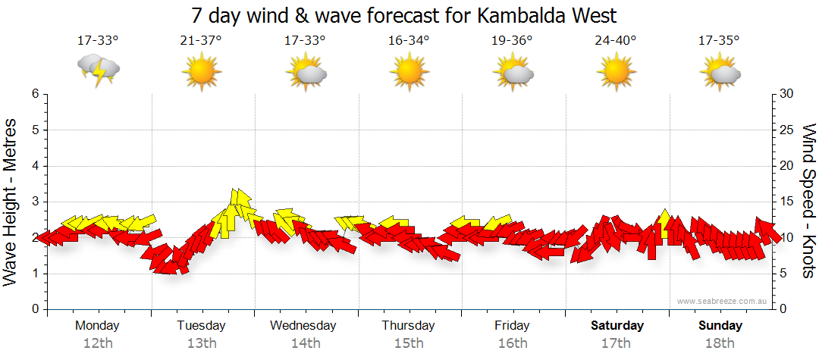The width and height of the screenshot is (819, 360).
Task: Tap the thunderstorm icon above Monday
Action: [x=99, y=70]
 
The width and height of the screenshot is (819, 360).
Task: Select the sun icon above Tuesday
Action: [x=201, y=72]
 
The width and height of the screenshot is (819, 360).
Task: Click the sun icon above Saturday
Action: [x=616, y=72]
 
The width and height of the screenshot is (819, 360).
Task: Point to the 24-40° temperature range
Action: [x=616, y=41]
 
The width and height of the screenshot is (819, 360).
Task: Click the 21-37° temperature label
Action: [x=201, y=41]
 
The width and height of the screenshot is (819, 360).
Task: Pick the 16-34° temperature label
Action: [x=409, y=41]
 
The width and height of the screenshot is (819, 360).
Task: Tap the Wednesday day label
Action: [x=303, y=326]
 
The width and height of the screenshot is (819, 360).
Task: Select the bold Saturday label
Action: [x=617, y=326]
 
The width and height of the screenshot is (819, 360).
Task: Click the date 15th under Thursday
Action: [x=409, y=343]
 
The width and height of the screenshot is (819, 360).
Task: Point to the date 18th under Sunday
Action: [x=720, y=343]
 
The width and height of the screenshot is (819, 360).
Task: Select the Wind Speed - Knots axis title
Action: [x=808, y=201]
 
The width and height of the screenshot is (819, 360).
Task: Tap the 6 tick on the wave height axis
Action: [x=35, y=94]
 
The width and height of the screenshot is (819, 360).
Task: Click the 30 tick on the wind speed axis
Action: [x=787, y=94]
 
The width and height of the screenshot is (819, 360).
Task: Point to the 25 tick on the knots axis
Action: [x=787, y=130]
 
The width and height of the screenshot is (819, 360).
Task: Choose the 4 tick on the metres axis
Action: [x=35, y=166]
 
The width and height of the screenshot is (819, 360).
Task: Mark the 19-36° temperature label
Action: [x=513, y=41]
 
